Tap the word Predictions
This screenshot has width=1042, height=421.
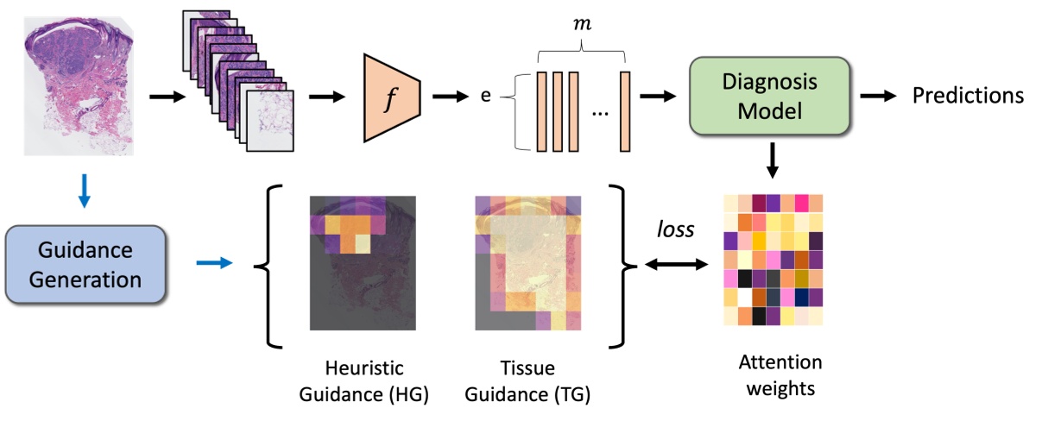[x=968, y=95]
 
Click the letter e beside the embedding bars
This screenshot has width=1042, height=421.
[x=485, y=98]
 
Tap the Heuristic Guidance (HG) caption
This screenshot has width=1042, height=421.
[x=363, y=380]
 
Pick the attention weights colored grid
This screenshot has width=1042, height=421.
[x=773, y=259]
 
